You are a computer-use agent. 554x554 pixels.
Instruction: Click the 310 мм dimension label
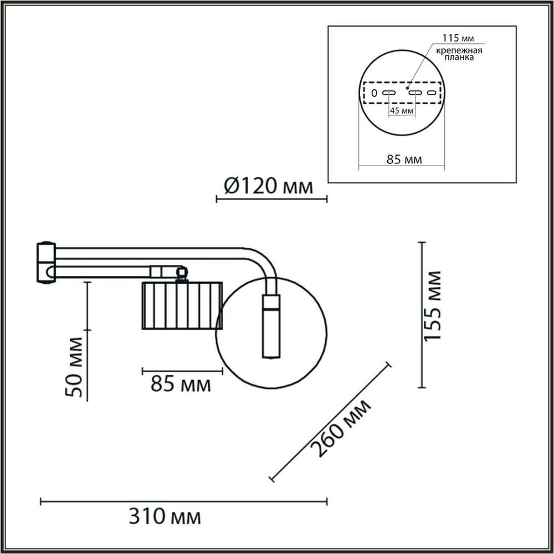165,517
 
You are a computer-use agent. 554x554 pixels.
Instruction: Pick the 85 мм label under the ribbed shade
181,383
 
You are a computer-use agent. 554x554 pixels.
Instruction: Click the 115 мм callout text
458,39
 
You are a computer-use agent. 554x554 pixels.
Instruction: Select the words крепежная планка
458,54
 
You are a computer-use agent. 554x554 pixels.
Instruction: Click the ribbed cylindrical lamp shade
182,305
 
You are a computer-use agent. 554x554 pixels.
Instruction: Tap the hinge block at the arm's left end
45,263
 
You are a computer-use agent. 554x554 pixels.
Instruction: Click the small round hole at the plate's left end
374,93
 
